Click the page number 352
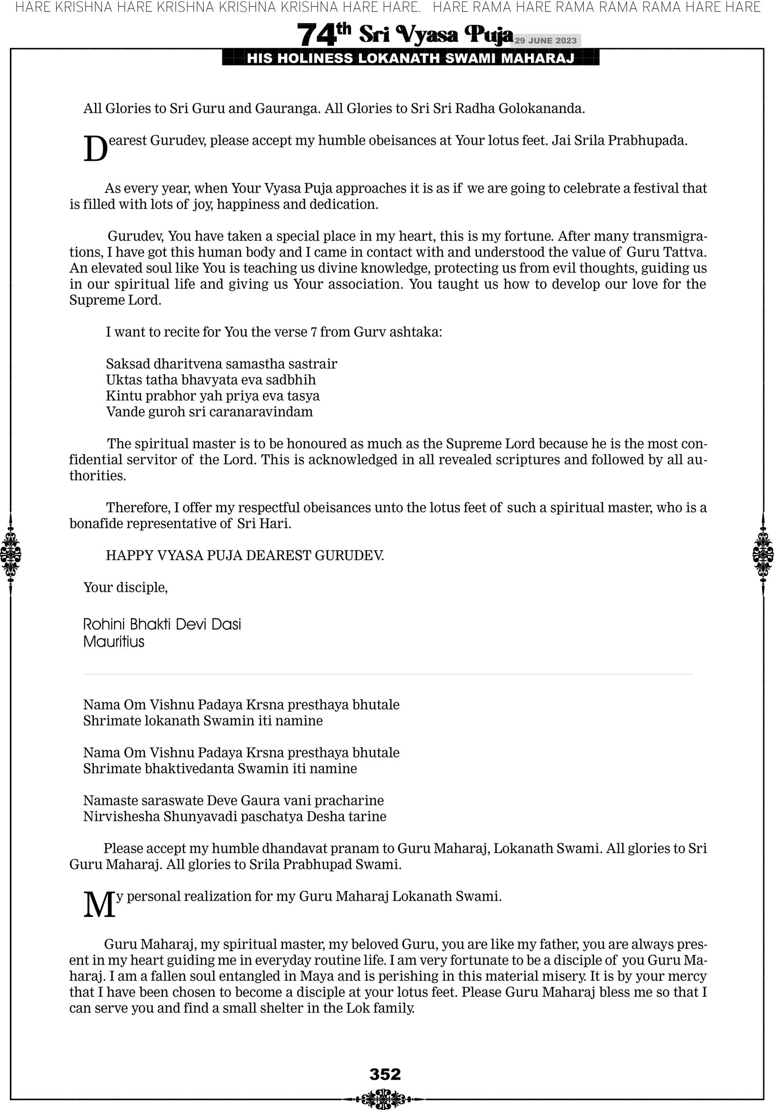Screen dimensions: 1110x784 coord(385,1075)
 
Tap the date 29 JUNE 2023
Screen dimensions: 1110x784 coord(545,40)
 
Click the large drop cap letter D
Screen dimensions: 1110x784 coord(95,149)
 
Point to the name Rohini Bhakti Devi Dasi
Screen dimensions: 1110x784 coord(162,625)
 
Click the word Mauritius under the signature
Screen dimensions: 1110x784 coord(113,642)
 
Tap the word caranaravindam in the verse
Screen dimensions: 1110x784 coord(265,412)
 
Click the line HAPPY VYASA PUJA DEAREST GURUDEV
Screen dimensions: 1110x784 coord(245,556)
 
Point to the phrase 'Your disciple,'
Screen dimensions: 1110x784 coord(125,588)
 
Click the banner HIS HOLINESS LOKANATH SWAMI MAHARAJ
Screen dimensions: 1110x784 coord(410,58)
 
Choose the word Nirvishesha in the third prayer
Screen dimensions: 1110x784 coord(121,817)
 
